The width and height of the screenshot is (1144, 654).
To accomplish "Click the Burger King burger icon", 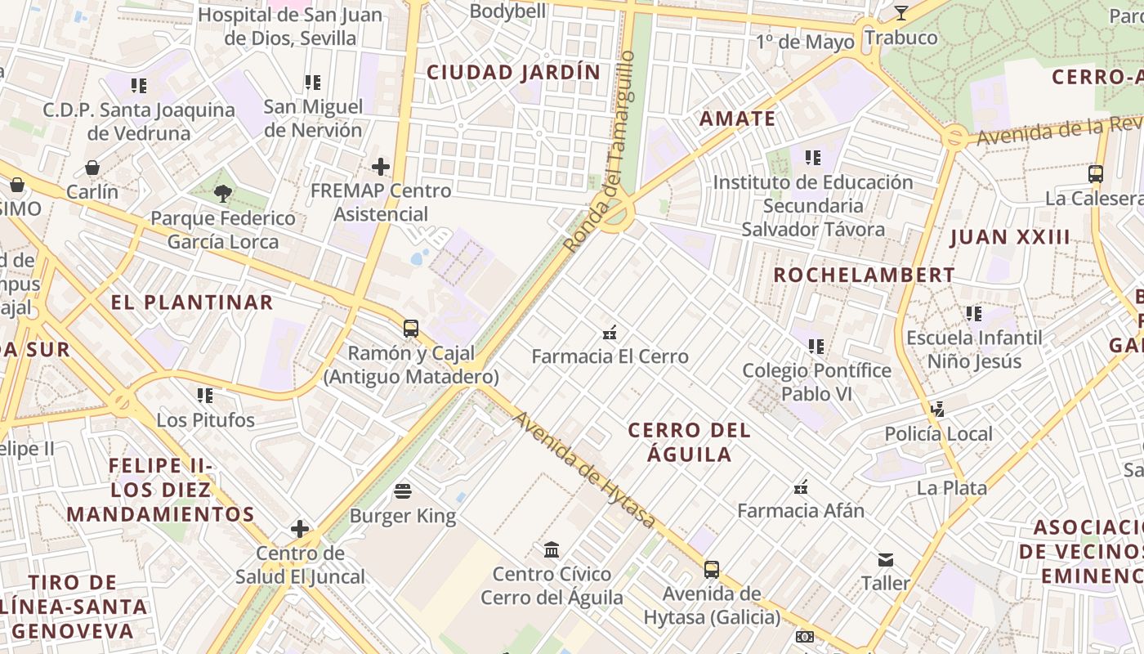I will tap(403, 491).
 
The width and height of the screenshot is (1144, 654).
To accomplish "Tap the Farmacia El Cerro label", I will tap(610, 356).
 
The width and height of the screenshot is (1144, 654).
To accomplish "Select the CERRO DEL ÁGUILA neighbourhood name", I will tap(690, 442).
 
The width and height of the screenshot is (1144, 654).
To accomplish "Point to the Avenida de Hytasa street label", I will tap(584, 469).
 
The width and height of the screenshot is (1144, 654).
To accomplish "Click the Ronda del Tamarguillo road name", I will tap(600, 151).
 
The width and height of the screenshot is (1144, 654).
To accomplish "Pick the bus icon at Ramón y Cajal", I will tap(411, 329).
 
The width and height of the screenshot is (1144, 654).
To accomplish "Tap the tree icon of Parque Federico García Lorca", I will tap(222, 194).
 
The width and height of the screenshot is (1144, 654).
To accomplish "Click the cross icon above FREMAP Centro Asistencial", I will tap(381, 167).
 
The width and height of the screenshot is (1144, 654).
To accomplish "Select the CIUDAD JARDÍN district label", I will tap(514, 72).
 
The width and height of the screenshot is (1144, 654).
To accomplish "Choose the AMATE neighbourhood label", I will tap(738, 119).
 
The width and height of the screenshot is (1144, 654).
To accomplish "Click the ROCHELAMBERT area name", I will tap(865, 275).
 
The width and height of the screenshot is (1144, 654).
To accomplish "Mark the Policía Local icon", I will tap(938, 409).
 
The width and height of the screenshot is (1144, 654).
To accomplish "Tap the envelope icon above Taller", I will tap(886, 560).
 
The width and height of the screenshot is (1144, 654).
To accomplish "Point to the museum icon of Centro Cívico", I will tap(552, 549).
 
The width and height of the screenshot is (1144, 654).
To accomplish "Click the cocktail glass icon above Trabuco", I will tap(901, 13).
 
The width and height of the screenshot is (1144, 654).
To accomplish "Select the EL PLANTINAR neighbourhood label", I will tap(192, 302).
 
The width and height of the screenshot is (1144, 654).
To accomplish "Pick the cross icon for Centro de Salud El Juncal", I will tap(300, 529).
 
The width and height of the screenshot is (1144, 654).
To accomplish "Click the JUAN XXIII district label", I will tap(1010, 238).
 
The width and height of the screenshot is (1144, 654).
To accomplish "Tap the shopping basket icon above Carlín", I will tap(92, 168).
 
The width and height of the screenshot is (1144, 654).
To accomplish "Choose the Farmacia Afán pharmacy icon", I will tap(801, 487).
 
